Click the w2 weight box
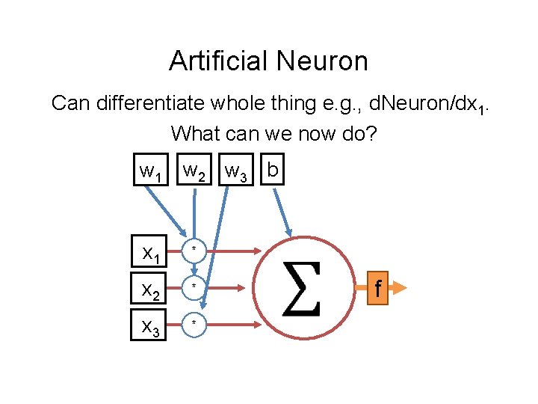tap(195, 172)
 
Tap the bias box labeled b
tap(273, 171)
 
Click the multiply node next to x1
tap(194, 250)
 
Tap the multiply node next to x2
tap(194, 287)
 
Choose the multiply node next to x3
tap(194, 323)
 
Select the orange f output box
tap(379, 287)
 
